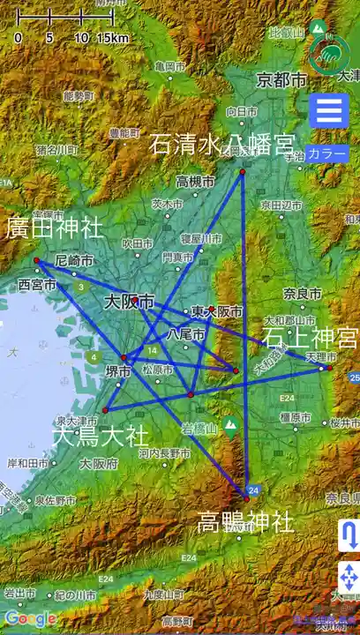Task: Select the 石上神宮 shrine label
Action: (x=310, y=338)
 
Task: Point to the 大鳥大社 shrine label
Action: (x=101, y=435)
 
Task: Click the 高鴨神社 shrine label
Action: (x=245, y=522)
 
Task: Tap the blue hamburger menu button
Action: (x=329, y=112)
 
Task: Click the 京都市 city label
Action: (x=282, y=80)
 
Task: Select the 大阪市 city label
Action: (x=129, y=302)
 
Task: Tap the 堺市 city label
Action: (x=117, y=371)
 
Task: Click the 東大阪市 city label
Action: (x=217, y=311)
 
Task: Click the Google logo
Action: (x=30, y=618)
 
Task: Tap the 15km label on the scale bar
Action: (x=113, y=38)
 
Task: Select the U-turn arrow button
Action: (x=349, y=535)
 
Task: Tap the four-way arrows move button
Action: (x=349, y=578)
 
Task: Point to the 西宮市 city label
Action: (x=37, y=286)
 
